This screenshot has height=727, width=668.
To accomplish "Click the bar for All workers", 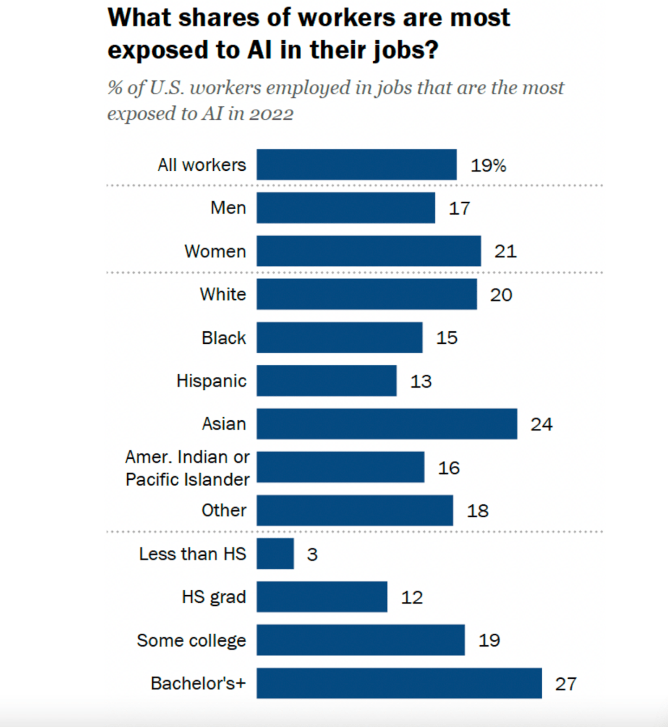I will click(357, 165).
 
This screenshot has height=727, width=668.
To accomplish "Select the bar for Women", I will click(369, 251).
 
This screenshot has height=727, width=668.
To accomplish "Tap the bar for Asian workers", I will click(387, 424).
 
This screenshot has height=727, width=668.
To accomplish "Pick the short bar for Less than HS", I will click(275, 553).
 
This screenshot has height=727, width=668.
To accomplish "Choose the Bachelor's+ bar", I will click(399, 683).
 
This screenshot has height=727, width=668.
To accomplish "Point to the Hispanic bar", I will click(327, 381).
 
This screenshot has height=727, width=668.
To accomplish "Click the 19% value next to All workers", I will click(488, 166).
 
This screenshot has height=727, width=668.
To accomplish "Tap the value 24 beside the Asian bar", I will click(542, 425).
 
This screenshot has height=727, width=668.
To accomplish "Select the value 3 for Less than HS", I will click(312, 554).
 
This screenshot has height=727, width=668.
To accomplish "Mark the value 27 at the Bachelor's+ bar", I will click(566, 684).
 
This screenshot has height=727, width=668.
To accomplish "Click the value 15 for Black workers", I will click(447, 338).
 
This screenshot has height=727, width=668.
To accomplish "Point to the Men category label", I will click(228, 208).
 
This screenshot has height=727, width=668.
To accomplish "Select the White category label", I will click(223, 294).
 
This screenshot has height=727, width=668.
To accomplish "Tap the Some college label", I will click(191, 641).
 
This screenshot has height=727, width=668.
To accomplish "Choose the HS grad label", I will click(214, 597).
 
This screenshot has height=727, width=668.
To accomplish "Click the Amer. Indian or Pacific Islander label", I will click(188, 468).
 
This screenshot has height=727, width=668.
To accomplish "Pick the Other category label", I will click(224, 510).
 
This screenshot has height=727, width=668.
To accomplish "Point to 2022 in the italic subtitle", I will click(272, 114).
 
